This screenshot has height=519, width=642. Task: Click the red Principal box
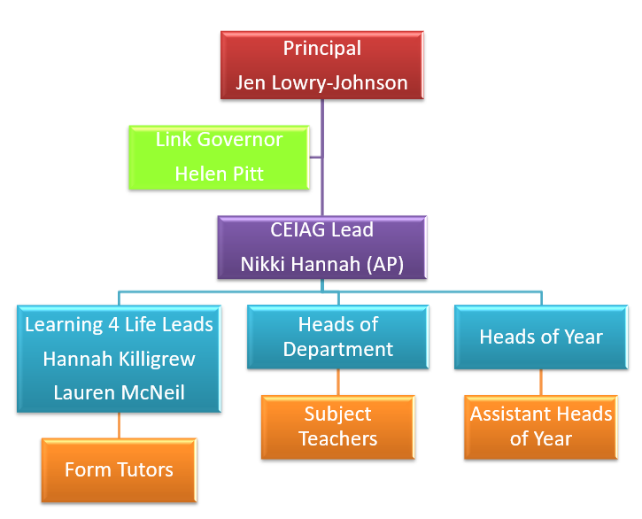pos(321,65)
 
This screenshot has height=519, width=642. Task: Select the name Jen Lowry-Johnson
pos(321,82)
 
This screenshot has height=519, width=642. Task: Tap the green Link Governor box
pos(219,156)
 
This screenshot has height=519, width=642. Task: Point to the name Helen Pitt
pos(219,174)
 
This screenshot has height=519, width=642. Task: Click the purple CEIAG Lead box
pos(321,247)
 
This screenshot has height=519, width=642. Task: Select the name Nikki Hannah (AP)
pos(321,265)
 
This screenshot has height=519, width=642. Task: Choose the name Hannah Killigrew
pos(119,360)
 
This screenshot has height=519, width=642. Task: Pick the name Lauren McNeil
pos(119,392)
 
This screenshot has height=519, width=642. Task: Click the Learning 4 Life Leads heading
pos(119,325)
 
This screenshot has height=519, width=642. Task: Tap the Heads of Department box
pos(337,337)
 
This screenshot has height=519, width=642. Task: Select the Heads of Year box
pos(541,337)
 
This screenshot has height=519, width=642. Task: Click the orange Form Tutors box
pos(119,469)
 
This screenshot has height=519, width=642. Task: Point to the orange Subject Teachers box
pos(337,426)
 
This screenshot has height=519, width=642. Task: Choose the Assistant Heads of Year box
pos(541,426)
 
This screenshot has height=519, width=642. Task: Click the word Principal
pos(321,48)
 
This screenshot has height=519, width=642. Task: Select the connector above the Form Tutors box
pos(119,425)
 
